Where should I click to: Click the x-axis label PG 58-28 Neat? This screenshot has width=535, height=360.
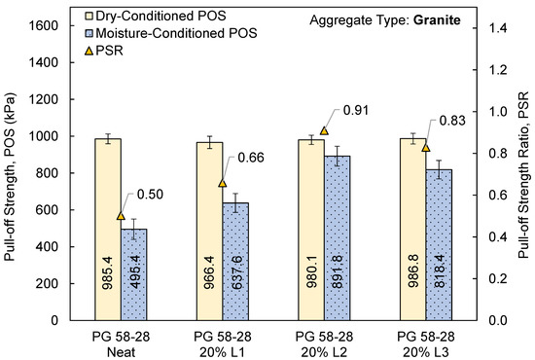tap(121, 342)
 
